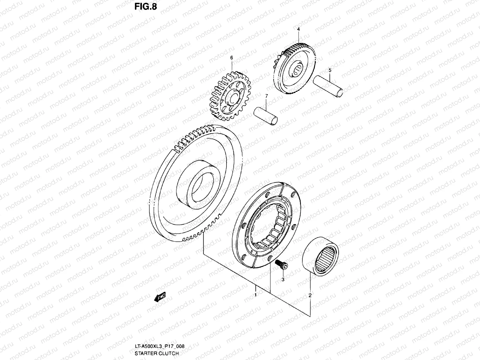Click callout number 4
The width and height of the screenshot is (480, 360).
298,29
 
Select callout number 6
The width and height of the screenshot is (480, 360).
231,57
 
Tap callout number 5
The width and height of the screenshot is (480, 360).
330,70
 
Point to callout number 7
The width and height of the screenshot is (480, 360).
266,96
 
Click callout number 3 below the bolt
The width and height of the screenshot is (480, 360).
283,280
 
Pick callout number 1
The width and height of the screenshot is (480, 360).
255,295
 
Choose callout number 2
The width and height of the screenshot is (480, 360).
310,295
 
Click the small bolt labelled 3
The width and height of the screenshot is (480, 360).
281,264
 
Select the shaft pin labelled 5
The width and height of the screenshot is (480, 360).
328,86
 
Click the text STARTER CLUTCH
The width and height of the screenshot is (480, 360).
157,353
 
